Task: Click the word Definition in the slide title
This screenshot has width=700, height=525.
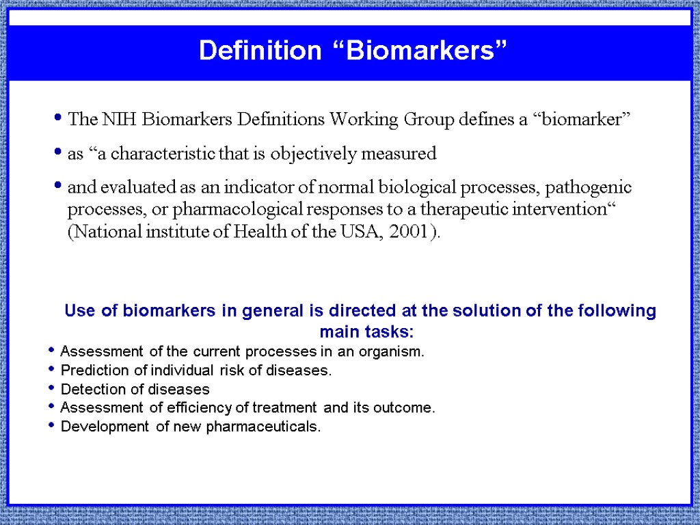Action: point(259,51)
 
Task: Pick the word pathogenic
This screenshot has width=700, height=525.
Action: point(598,188)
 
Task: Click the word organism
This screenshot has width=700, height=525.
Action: point(394,353)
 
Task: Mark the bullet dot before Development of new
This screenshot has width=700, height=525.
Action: point(52,427)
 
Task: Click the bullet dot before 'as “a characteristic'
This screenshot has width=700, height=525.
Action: point(59,154)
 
